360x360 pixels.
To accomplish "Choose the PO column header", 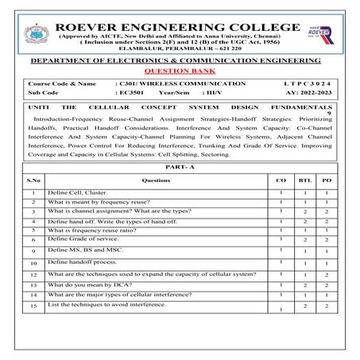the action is coord(327,181).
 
